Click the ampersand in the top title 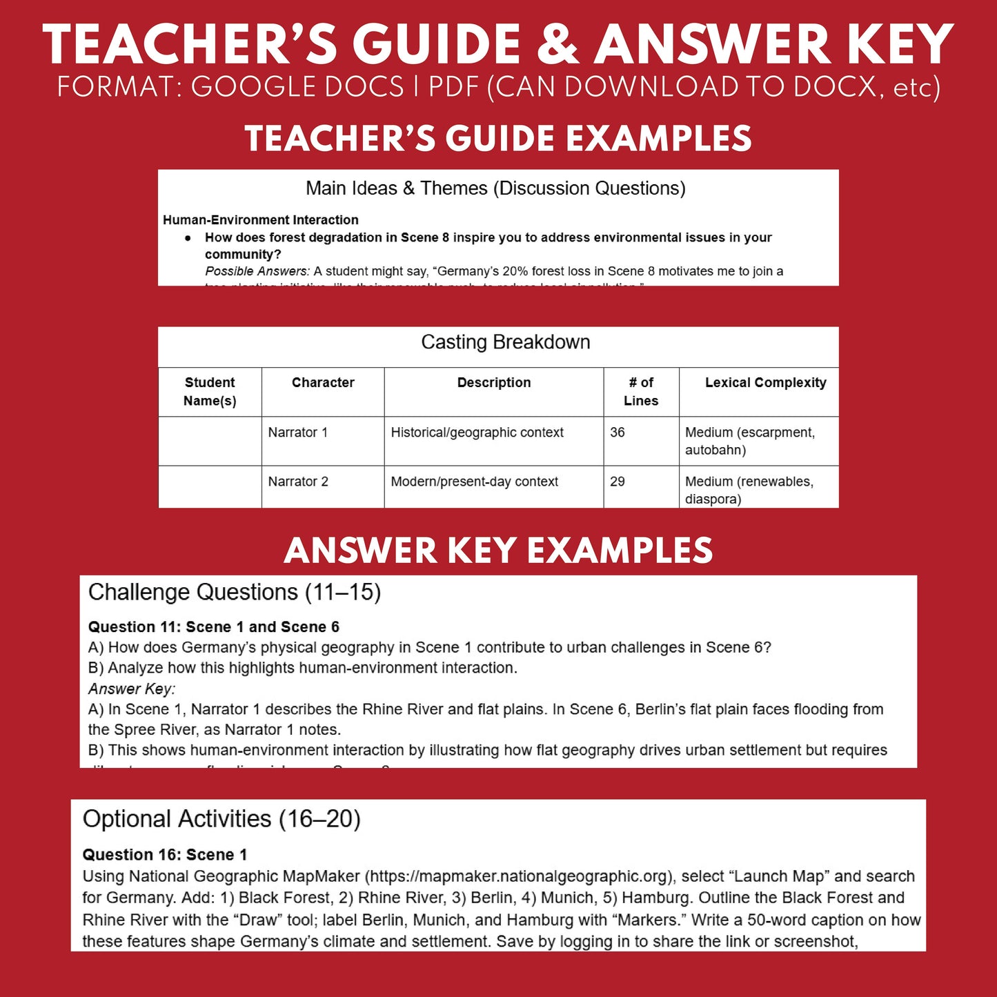tap(557, 46)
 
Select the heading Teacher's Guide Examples tap(498, 139)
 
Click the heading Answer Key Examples tap(498, 551)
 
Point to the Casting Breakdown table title tap(505, 342)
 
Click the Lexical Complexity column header tap(765, 383)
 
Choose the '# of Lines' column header tap(641, 391)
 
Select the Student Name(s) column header tap(210, 391)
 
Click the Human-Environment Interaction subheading tap(261, 220)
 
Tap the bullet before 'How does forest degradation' tap(188, 238)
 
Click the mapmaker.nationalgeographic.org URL tap(517, 876)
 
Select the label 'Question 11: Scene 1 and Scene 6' tap(214, 627)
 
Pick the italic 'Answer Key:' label tap(132, 689)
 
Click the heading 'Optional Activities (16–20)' tap(221, 819)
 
